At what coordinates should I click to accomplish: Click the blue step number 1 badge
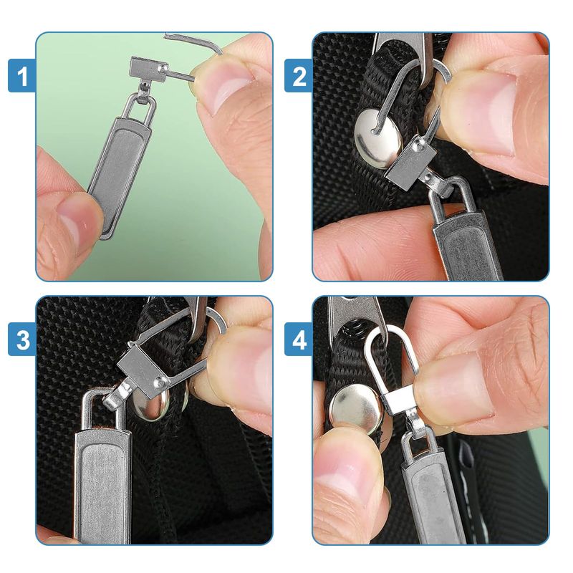[x=22, y=75]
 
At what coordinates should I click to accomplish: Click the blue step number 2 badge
[x=299, y=75]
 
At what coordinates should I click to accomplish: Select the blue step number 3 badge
[x=22, y=339]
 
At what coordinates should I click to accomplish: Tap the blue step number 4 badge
[x=299, y=339]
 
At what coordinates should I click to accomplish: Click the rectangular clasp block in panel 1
[x=147, y=69]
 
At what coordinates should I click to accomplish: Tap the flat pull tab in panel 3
[x=102, y=482]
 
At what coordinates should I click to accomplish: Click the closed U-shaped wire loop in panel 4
[x=392, y=332]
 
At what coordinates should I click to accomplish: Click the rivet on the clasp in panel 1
[x=163, y=68]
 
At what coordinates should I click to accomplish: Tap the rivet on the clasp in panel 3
[x=160, y=382]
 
